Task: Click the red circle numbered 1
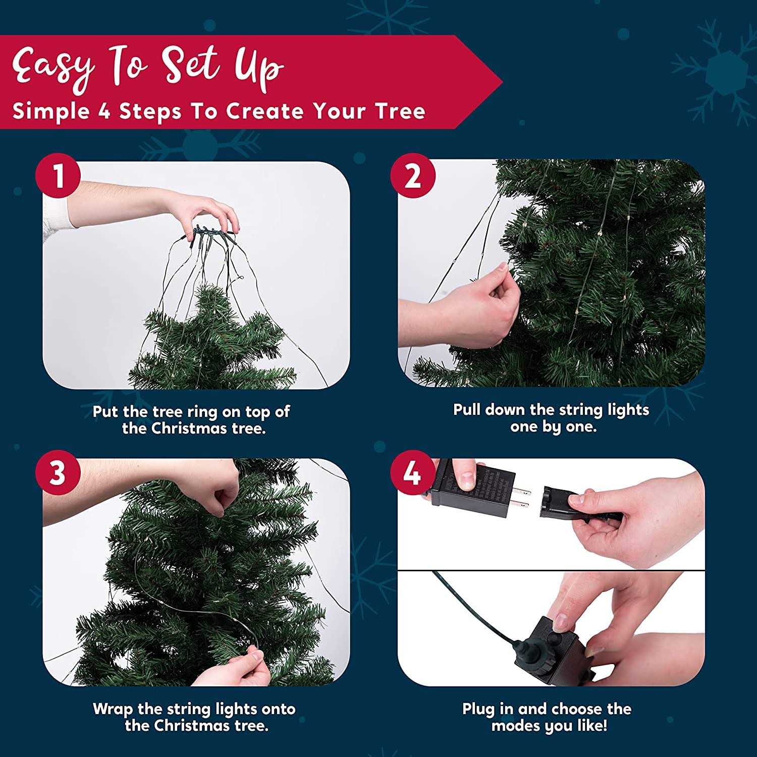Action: pyautogui.click(x=59, y=178)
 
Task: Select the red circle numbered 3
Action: pyautogui.click(x=59, y=474)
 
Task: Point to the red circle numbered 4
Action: pyautogui.click(x=413, y=474)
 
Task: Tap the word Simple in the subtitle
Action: pyautogui.click(x=50, y=111)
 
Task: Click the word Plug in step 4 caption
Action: pyautogui.click(x=478, y=709)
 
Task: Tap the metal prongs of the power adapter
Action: pyautogui.click(x=522, y=497)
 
